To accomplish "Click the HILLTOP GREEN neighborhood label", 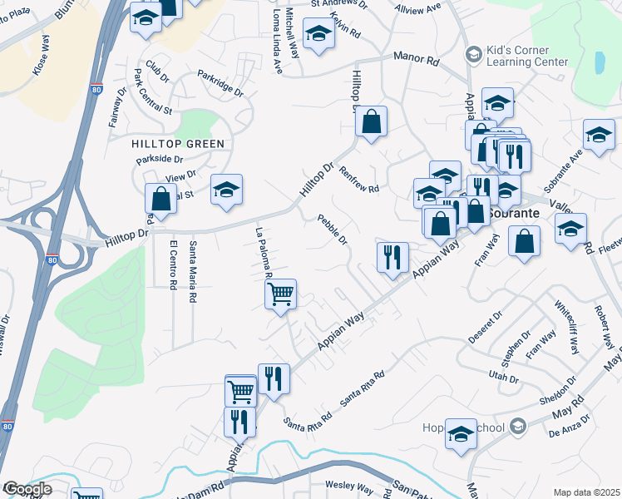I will tap(178, 144).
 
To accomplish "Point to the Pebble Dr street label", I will tap(333, 229).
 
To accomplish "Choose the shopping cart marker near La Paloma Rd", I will tap(281, 294).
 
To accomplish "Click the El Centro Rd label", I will tap(173, 264).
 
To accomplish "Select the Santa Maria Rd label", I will tap(193, 271).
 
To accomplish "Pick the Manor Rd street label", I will tap(416, 61).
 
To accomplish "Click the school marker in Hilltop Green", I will tap(226, 191).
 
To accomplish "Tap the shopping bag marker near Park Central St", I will tap(160, 200).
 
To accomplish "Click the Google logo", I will tap(27, 489).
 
